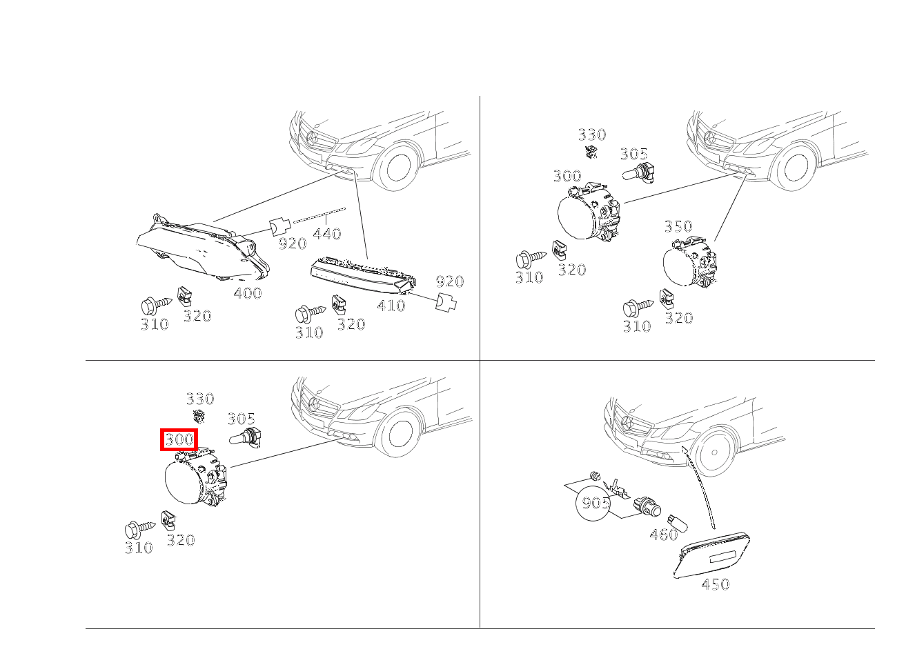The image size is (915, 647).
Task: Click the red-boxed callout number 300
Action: (179, 439)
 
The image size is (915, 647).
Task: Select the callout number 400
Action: (248, 293)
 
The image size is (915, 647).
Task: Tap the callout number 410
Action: (391, 305)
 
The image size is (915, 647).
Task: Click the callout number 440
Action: (327, 234)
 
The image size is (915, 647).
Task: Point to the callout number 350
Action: (678, 226)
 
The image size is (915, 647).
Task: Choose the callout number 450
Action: (715, 584)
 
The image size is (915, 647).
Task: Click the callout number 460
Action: (664, 534)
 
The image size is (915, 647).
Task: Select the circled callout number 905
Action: (594, 503)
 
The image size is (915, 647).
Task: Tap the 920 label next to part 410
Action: (450, 281)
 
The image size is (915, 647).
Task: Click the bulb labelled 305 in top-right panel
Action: (637, 173)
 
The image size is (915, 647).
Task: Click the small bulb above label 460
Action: (677, 522)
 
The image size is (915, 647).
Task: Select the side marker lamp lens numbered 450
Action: (713, 555)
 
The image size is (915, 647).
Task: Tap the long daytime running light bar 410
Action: (363, 276)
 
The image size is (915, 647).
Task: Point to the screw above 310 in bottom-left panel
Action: (139, 530)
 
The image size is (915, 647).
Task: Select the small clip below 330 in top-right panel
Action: (591, 152)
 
